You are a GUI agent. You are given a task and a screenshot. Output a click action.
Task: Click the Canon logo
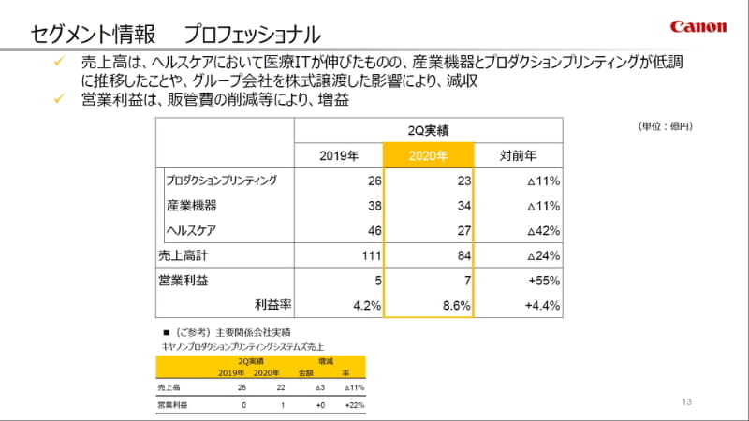[698, 27]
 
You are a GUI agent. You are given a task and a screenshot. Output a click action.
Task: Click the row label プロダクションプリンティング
[221, 180]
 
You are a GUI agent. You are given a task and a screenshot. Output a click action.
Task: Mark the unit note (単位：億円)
[665, 125]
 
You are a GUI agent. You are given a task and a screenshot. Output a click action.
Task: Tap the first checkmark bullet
[58, 62]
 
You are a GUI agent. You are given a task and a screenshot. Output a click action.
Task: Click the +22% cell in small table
[353, 404]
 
